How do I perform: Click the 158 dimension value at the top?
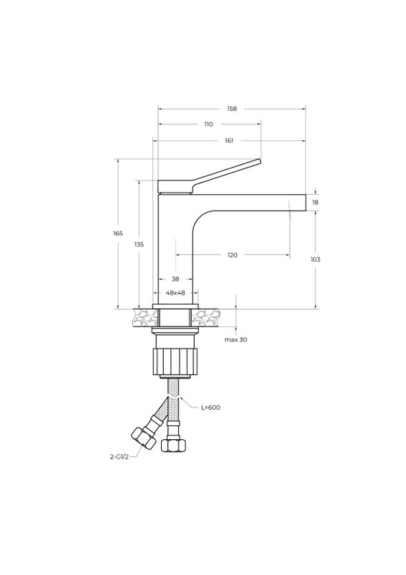(232, 109)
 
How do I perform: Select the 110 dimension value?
(208, 124)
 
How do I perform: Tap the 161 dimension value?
(229, 140)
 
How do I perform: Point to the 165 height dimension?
(118, 233)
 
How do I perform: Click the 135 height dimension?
(139, 244)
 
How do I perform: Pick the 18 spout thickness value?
(315, 202)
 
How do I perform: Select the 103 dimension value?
(315, 259)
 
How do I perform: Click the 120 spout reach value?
(233, 255)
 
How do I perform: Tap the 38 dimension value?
(175, 279)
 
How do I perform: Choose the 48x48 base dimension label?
(175, 293)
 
